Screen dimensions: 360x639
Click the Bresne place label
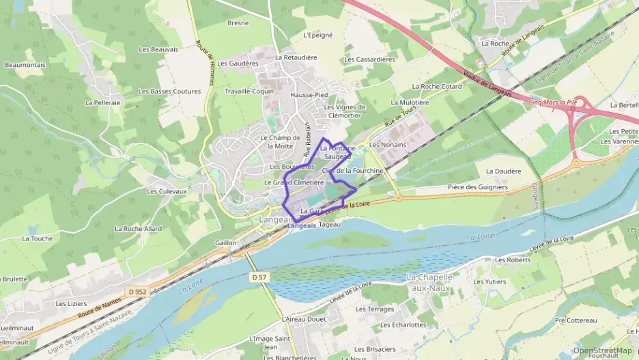[238, 23]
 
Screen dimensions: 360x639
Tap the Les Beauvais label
[158, 49]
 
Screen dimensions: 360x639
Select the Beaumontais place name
[25, 65]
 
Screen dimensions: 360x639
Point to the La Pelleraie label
[102, 102]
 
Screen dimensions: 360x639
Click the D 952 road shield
[137, 292]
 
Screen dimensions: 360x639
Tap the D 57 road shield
[258, 277]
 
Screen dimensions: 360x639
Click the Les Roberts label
[513, 260]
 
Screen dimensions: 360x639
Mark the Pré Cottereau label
[576, 320]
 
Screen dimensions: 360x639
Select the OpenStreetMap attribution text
[602, 350]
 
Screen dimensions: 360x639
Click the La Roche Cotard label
[437, 87]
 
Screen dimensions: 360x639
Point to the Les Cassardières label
[369, 59]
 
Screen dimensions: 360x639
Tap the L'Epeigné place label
[317, 34]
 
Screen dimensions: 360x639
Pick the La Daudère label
[503, 171]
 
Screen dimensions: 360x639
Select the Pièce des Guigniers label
[478, 186]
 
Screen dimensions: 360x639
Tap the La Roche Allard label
[138, 229]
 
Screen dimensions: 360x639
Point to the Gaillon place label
[225, 243]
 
